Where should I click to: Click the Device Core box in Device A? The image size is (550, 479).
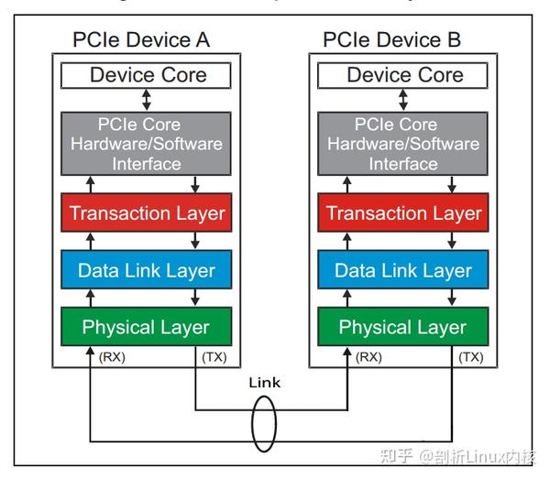click(x=148, y=75)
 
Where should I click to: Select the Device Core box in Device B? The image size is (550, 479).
click(x=404, y=75)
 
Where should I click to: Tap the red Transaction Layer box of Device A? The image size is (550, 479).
click(x=148, y=213)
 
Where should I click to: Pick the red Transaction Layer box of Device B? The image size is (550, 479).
click(x=404, y=213)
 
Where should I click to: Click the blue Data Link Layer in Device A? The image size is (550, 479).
click(x=148, y=270)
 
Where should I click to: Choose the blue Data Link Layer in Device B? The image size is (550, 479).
click(x=404, y=270)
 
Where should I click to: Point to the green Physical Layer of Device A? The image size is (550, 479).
click(x=148, y=327)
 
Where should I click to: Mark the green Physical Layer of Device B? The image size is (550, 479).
click(x=404, y=327)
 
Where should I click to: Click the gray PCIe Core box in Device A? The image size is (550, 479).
click(x=148, y=145)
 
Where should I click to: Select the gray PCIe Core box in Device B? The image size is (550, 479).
click(x=404, y=145)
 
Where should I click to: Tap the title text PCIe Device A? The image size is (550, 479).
click(x=141, y=40)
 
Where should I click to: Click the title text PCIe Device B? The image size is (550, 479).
click(x=392, y=40)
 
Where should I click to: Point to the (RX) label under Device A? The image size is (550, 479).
click(x=111, y=357)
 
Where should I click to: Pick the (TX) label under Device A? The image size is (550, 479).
click(x=214, y=357)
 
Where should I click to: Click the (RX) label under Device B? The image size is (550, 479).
click(x=368, y=357)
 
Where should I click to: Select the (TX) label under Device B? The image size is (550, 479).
click(x=470, y=357)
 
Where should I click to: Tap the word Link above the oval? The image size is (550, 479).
click(x=264, y=383)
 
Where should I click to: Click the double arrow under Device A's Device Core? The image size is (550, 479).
click(x=148, y=100)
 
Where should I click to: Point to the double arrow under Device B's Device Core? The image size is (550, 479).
click(x=404, y=100)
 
